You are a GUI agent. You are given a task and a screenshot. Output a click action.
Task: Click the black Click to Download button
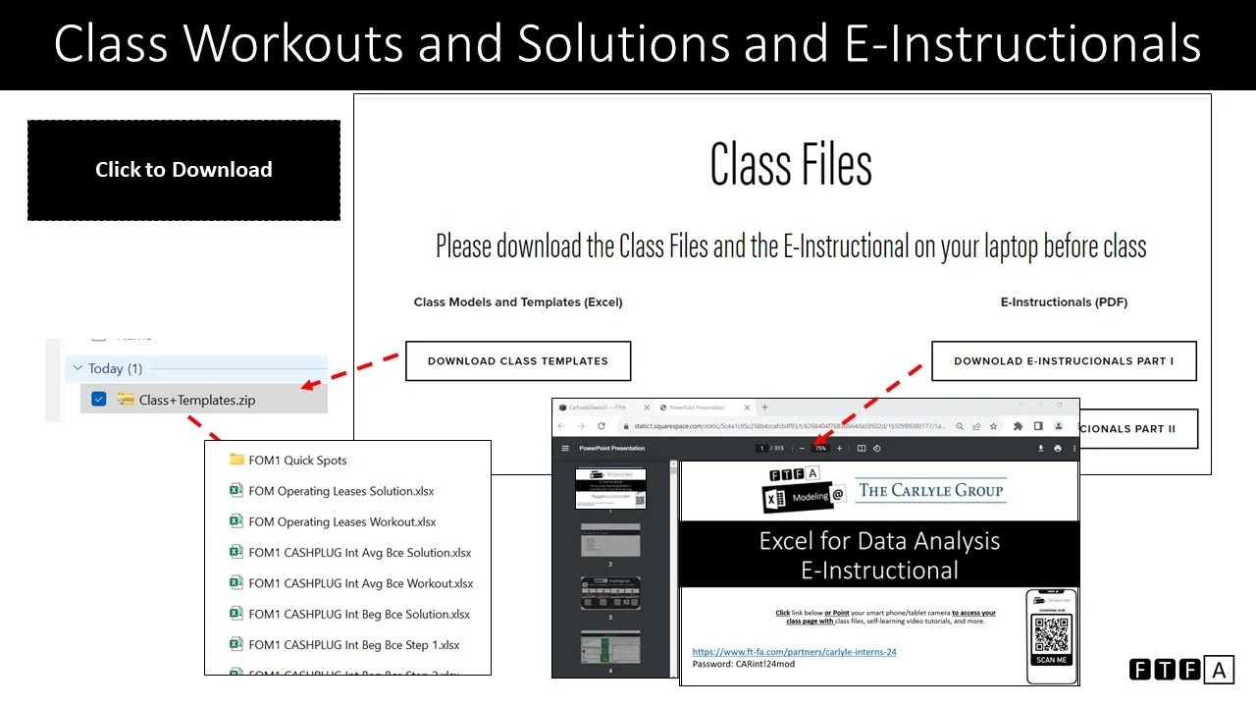point(183,170)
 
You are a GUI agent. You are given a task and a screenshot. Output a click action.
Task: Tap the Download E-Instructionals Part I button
point(1064,361)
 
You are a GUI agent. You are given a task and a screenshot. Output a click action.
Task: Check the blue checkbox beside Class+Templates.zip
point(98,399)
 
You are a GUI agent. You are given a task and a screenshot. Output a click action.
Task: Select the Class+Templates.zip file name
point(196,400)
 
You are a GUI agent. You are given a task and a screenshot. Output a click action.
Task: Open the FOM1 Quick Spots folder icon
point(236,460)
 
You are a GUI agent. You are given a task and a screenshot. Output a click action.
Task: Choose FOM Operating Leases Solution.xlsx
point(340,491)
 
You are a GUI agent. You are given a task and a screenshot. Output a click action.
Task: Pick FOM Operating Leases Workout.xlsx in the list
point(341,521)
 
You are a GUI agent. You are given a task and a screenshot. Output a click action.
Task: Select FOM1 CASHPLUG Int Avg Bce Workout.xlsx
point(360,583)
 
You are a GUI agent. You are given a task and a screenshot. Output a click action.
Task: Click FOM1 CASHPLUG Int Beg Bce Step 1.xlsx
point(353,645)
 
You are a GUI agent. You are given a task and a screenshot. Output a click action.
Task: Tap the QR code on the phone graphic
point(1051,633)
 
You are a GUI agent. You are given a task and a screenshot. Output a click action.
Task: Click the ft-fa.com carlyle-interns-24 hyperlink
point(794,651)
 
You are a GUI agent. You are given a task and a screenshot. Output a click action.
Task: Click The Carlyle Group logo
point(931,490)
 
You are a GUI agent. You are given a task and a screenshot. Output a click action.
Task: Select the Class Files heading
point(791,164)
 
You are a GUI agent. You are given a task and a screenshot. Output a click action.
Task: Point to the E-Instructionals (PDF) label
point(1064,302)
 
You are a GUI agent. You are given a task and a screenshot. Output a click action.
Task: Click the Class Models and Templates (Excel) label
point(518,302)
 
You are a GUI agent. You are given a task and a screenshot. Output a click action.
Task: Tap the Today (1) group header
point(115,368)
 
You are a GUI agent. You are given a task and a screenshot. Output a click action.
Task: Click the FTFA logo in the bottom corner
point(1180,670)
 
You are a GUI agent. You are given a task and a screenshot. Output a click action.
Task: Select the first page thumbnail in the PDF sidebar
point(610,488)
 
